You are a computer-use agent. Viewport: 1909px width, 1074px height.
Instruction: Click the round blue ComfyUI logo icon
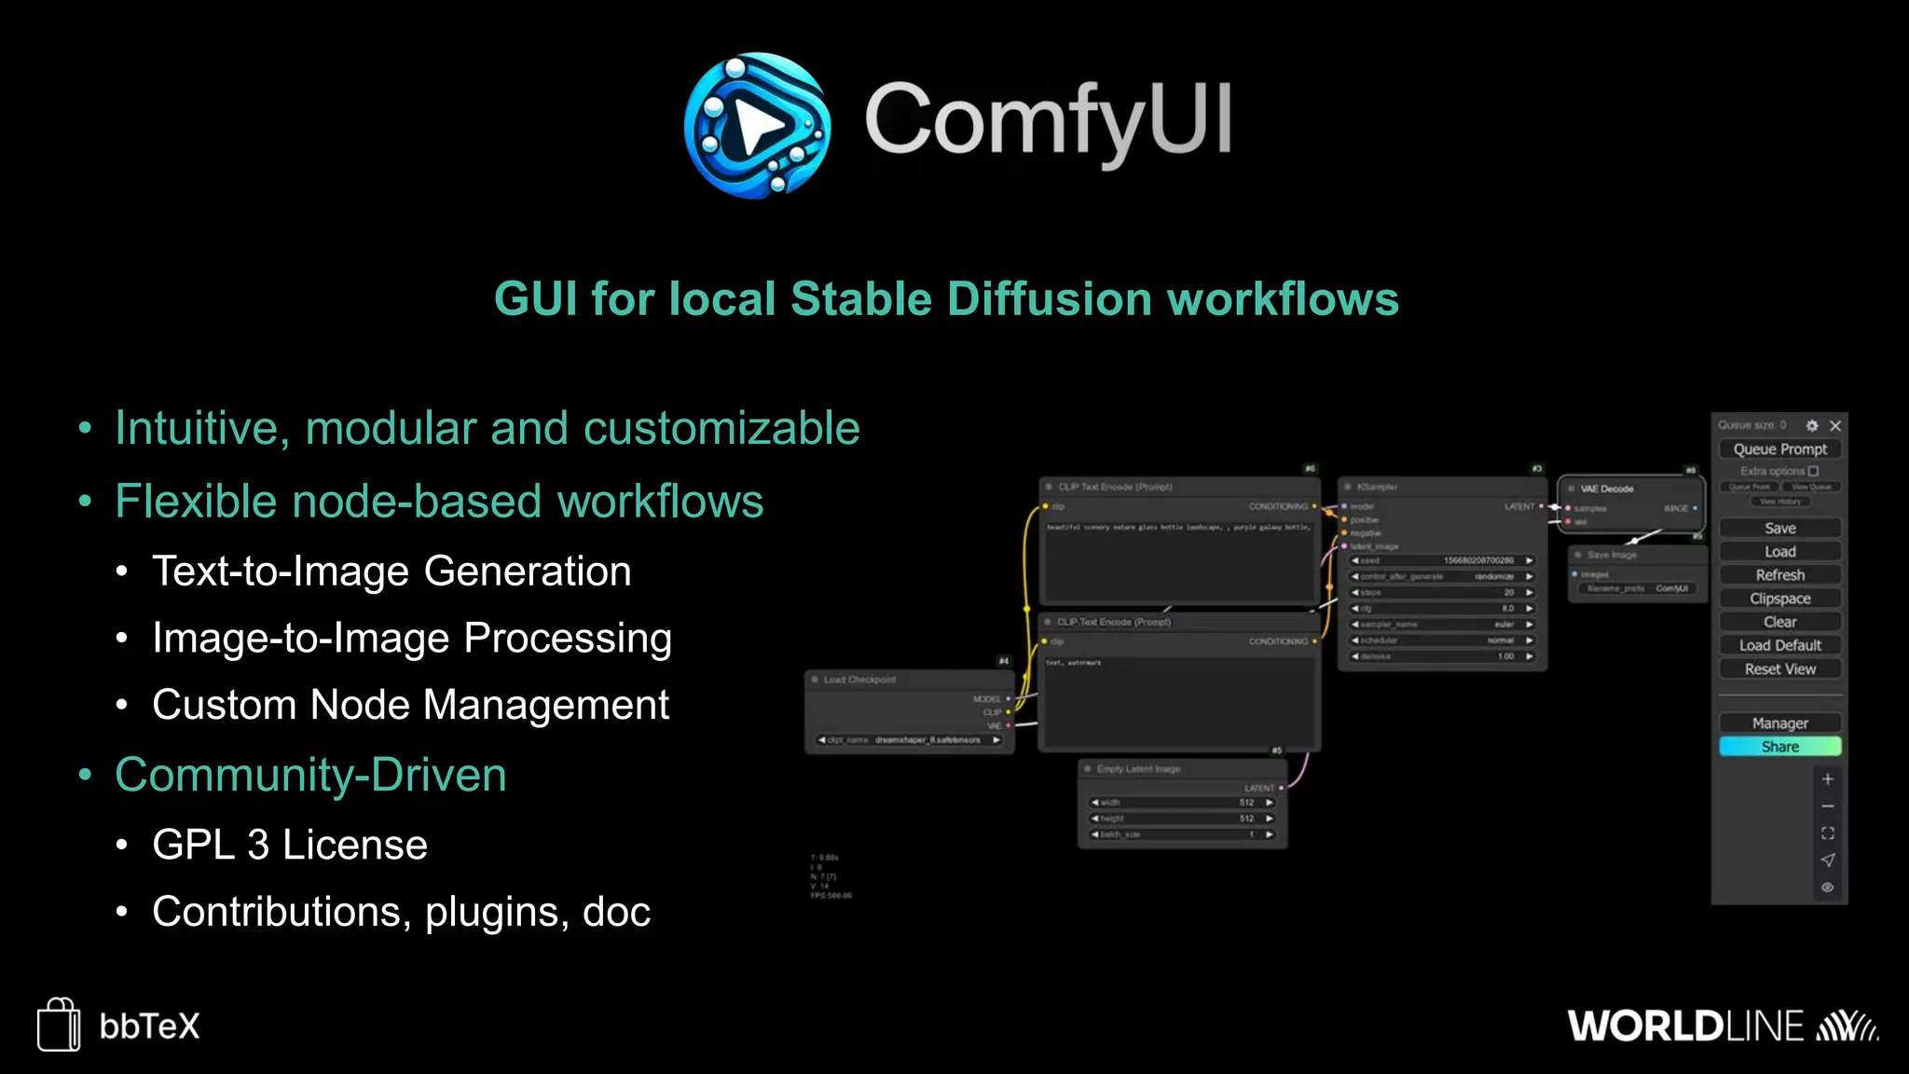coord(757,125)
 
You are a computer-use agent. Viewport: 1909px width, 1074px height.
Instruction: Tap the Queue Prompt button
coord(1779,449)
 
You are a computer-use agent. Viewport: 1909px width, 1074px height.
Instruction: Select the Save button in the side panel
coord(1779,528)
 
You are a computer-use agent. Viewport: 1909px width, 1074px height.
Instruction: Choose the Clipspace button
coord(1779,599)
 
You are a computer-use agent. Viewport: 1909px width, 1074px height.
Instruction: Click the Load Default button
coord(1779,645)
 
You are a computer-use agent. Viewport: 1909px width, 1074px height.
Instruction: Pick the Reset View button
coord(1779,669)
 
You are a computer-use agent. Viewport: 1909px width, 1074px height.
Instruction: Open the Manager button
coord(1779,723)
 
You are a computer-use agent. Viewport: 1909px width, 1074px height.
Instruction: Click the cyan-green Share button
coord(1779,747)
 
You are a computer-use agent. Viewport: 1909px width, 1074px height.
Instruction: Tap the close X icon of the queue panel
coord(1835,426)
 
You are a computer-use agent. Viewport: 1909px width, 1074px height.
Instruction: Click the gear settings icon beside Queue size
coord(1812,426)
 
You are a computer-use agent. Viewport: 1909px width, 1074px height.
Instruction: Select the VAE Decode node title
coord(1606,489)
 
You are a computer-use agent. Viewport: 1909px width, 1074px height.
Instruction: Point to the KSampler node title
coord(1377,487)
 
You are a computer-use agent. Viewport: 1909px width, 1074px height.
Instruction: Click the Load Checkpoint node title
coord(859,680)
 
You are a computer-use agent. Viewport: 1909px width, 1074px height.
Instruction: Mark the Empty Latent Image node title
coord(1138,769)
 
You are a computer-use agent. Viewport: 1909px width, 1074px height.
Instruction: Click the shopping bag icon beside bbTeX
coord(59,1025)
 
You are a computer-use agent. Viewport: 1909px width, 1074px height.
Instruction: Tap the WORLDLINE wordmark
coord(1685,1026)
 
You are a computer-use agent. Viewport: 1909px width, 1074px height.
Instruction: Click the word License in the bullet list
coord(354,846)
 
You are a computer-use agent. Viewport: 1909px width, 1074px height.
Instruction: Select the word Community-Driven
coord(310,775)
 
